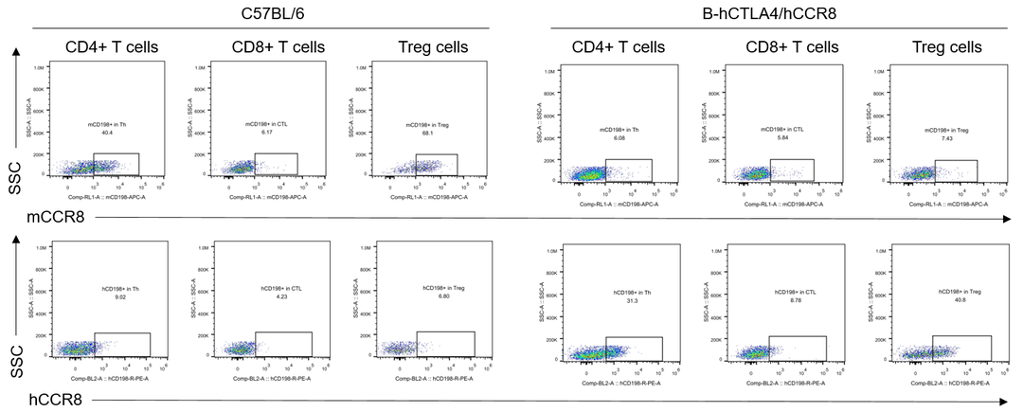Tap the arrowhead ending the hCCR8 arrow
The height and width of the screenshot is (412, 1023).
tap(1008, 401)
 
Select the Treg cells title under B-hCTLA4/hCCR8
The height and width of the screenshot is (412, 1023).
tap(947, 47)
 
